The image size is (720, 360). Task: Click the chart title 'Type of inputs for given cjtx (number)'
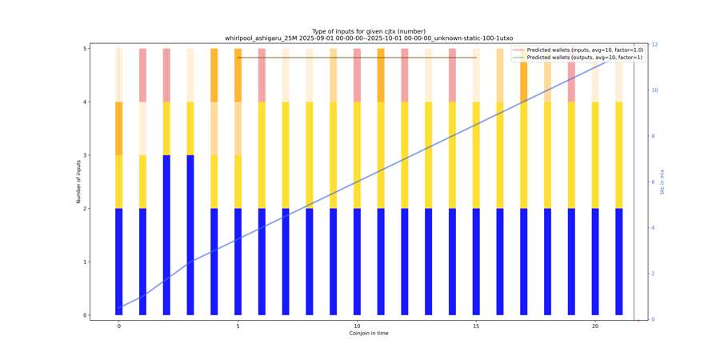point(368,31)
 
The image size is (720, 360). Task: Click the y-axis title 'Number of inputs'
point(78,182)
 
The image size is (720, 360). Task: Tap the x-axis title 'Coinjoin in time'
point(369,333)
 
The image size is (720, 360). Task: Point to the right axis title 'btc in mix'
point(662,182)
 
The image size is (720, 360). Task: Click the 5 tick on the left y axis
point(85,49)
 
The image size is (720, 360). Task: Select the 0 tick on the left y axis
point(85,315)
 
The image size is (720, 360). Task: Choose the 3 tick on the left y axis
point(85,155)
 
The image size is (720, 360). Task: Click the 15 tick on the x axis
point(476,326)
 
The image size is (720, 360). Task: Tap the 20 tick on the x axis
point(595,326)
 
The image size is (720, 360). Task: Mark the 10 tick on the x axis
point(357,326)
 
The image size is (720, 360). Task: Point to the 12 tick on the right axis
point(655,45)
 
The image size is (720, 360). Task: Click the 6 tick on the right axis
point(654,182)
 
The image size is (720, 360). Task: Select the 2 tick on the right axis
point(654,274)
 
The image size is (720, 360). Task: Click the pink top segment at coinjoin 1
point(142,75)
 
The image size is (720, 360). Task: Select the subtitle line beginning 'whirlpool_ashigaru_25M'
point(368,38)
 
